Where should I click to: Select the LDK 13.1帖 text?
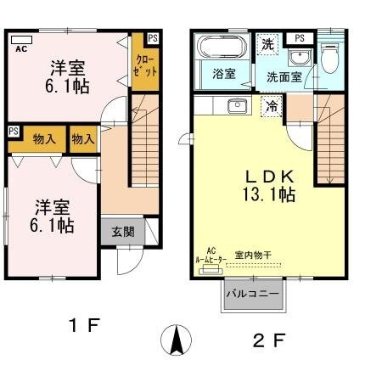point(270,186)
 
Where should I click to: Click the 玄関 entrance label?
point(116,232)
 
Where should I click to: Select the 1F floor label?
point(86,324)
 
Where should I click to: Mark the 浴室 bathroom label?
point(223,74)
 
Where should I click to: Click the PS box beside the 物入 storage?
point(14,131)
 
